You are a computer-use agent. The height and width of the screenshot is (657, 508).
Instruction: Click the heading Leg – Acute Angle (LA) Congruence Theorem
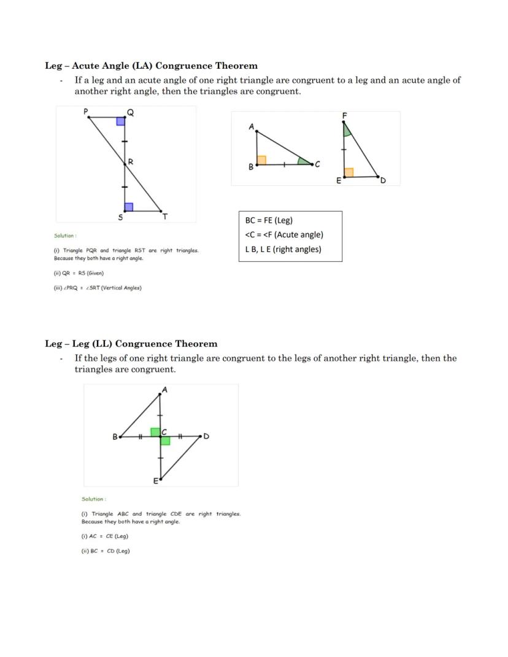coord(151,66)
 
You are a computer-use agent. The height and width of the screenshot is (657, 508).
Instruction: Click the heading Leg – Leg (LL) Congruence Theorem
coord(131,344)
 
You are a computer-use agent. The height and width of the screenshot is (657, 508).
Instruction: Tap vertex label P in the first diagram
coord(86,111)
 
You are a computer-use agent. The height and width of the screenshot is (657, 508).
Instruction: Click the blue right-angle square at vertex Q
coord(121,121)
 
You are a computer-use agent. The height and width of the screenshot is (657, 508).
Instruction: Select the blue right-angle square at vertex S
coord(128,207)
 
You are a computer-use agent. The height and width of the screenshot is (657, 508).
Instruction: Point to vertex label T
coord(164,217)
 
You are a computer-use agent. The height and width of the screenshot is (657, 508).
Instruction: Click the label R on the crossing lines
coord(131,162)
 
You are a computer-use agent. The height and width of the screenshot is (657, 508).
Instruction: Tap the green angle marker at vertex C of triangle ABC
coord(303,161)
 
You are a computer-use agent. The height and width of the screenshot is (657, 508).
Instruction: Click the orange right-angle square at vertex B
coord(261,160)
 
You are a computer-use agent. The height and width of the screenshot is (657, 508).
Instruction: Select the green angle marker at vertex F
coord(347,129)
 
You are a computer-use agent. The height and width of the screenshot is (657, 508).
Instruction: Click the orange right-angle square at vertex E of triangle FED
coord(349,172)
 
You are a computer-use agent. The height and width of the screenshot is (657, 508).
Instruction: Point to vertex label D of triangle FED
coord(383,180)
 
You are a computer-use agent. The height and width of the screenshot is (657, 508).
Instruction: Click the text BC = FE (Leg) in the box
coord(269,220)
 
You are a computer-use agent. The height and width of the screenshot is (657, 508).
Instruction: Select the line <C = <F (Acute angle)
coord(284,234)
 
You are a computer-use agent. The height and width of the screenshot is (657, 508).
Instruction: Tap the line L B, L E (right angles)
coord(283,249)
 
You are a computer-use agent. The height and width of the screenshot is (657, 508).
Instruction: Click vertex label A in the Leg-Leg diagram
coord(164,390)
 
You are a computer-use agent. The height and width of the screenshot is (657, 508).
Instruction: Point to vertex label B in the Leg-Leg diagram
coord(115,437)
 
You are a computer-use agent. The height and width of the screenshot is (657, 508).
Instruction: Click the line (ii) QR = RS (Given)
coord(79,274)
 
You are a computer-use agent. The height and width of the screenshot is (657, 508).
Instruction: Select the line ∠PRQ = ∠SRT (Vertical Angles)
coord(98,288)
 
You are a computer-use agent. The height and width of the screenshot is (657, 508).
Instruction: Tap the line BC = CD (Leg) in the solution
coord(106,551)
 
